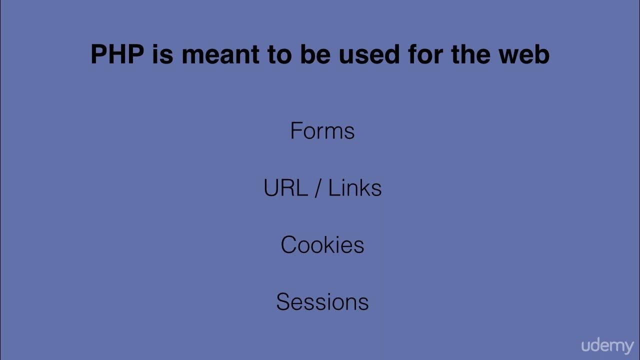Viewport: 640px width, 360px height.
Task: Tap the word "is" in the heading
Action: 162,54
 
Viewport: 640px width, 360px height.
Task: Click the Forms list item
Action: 322,131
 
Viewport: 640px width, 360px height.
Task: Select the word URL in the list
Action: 285,188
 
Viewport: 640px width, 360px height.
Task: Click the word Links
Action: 354,188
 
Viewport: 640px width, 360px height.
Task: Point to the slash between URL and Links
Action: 317,188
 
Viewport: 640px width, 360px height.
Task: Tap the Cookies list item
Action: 322,245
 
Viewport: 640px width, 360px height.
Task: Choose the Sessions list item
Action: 322,302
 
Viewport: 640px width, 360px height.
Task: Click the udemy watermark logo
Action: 607,345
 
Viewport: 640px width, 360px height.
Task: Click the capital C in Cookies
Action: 288,245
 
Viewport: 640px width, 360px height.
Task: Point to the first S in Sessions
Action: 282,302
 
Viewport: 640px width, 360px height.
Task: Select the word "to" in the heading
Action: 279,54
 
